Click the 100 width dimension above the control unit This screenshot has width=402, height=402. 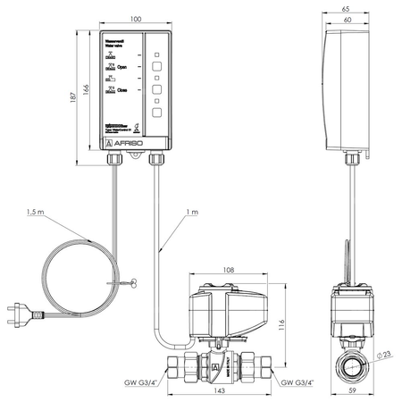click(136, 19)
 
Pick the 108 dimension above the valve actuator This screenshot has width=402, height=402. click(228, 269)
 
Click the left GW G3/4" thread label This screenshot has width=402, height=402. click(137, 384)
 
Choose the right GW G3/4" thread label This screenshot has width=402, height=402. click(298, 384)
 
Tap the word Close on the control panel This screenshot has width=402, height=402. click(124, 91)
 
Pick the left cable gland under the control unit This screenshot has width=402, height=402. click(114, 159)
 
